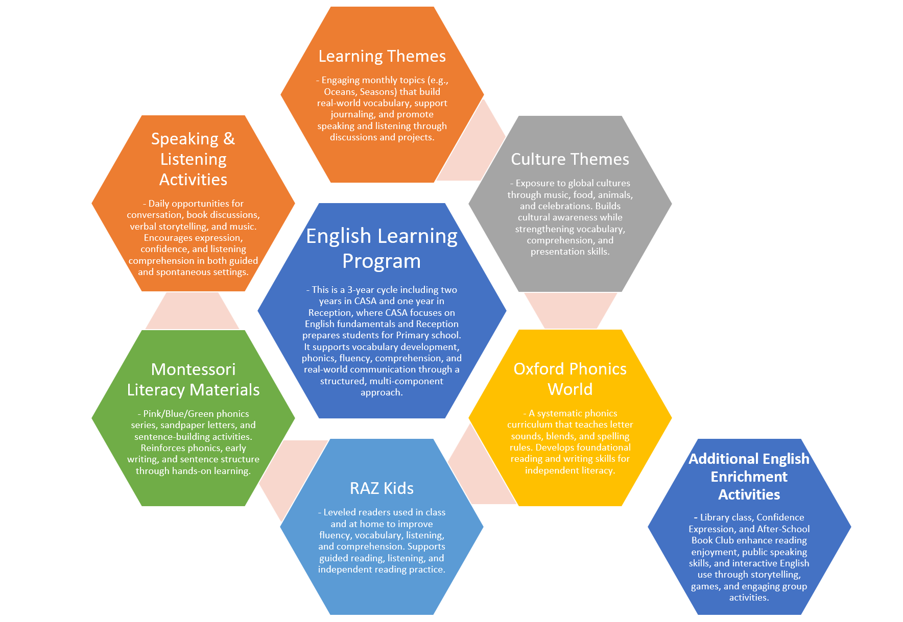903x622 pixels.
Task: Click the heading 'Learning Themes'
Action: coord(382,56)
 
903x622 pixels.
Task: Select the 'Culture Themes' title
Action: coord(570,159)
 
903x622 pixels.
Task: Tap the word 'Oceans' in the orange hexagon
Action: coord(340,92)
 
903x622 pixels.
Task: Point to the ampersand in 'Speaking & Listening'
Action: coord(229,139)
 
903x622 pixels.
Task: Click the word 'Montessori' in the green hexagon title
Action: coord(193,369)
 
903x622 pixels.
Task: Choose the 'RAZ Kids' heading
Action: coord(382,488)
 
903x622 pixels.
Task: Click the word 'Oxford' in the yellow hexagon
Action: coord(539,369)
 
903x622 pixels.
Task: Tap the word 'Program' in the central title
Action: coord(382,261)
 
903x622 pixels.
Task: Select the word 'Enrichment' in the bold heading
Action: coord(749,477)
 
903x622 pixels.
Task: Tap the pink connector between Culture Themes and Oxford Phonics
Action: coord(571,310)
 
